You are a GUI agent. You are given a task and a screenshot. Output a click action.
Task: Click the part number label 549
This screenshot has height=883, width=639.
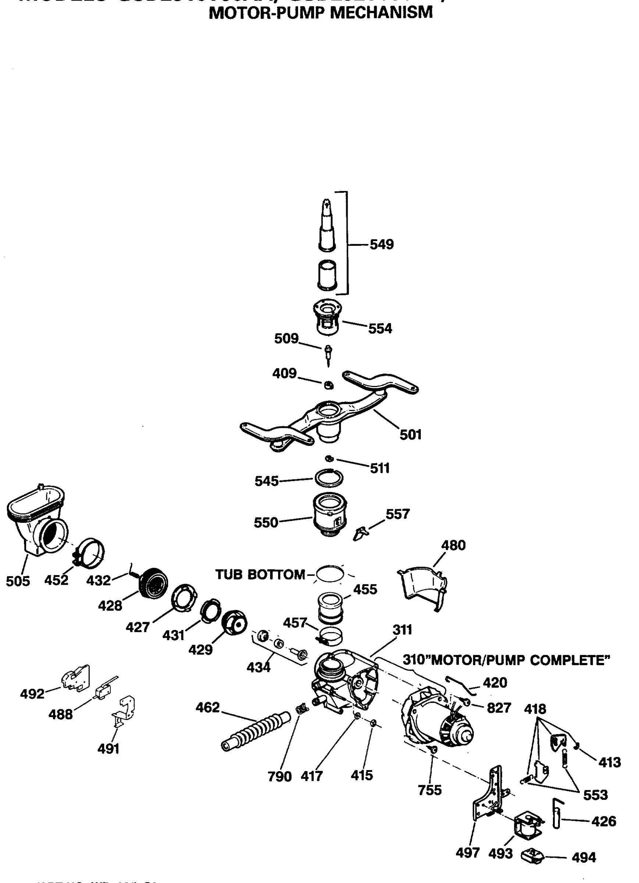pyautogui.click(x=381, y=245)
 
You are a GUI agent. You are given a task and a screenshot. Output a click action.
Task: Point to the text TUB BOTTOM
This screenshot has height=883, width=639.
pyautogui.click(x=260, y=575)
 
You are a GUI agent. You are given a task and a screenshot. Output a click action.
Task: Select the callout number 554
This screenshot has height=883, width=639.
pyautogui.click(x=380, y=328)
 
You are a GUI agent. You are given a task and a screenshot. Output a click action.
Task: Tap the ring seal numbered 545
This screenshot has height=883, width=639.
pyautogui.click(x=329, y=478)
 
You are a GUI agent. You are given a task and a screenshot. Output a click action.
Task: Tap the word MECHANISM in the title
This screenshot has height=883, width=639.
pyautogui.click(x=381, y=13)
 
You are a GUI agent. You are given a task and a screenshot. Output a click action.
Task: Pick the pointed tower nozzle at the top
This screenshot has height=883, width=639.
pyautogui.click(x=326, y=226)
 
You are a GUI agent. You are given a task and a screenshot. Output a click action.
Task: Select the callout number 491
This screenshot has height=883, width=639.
pyautogui.click(x=108, y=749)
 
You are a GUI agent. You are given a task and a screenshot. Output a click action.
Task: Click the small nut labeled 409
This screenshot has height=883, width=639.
pyautogui.click(x=328, y=385)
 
